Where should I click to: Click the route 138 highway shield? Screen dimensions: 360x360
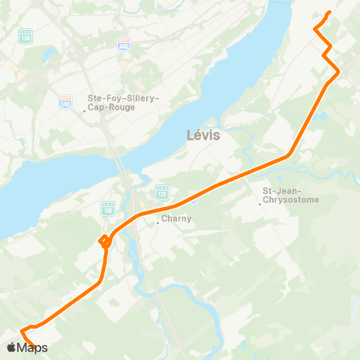click(26, 35)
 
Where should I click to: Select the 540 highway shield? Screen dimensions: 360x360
click(65, 100)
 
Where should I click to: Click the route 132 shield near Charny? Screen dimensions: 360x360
click(161, 192)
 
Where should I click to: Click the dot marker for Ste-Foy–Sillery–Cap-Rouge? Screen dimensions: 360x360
click(85, 112)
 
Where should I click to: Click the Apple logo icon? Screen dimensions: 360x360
click(11, 347)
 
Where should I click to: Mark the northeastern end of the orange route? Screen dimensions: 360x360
click(330, 12)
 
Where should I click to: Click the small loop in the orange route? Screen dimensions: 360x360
click(105, 240)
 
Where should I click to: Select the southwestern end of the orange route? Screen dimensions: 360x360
click(34, 347)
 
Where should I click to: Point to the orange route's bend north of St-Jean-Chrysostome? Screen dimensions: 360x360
click(290, 155)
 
